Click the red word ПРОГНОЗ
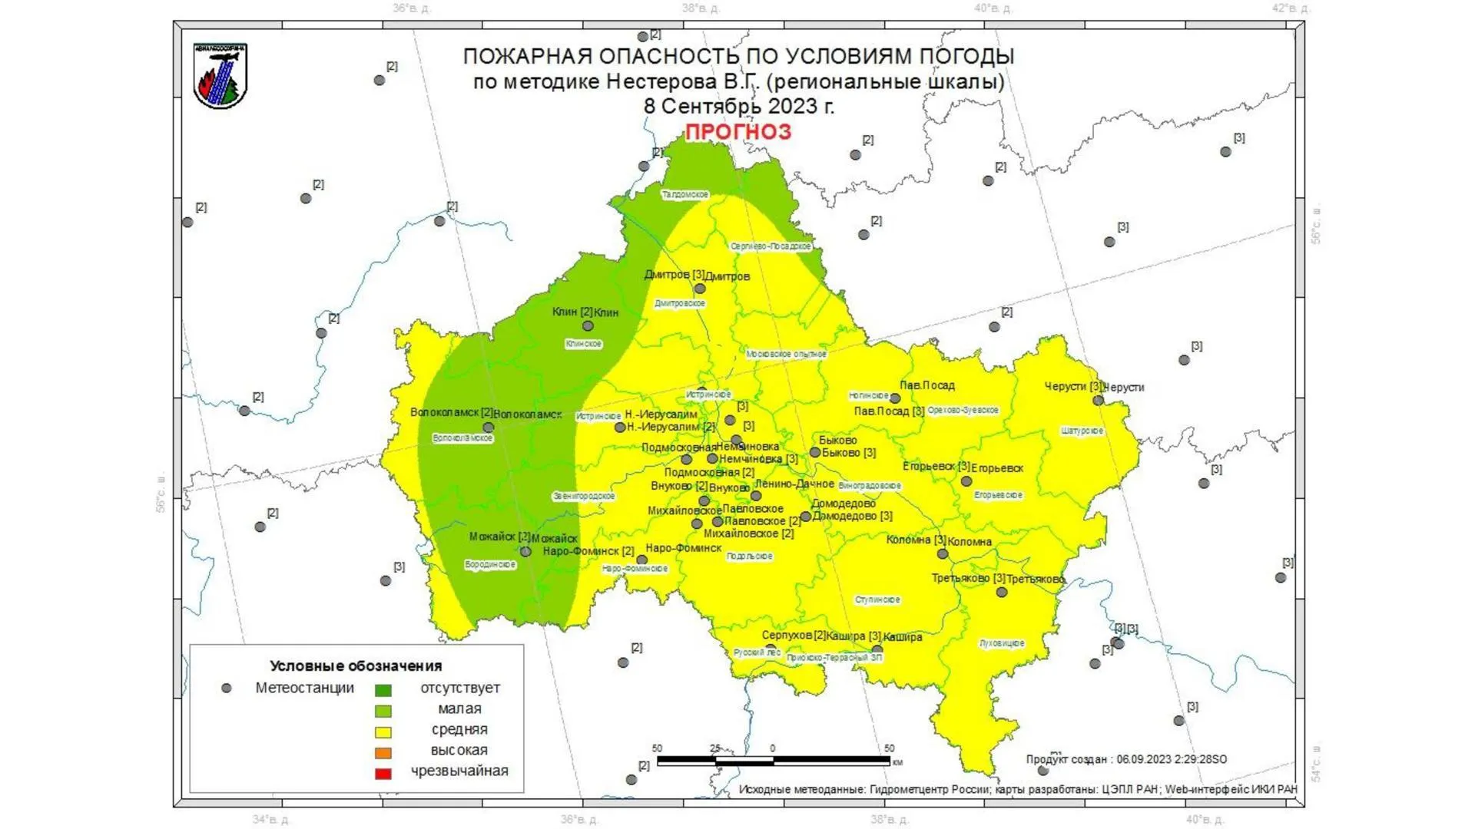coord(737,132)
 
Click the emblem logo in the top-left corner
coord(220,75)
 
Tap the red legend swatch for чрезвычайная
coord(383,773)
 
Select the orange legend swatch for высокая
coord(383,752)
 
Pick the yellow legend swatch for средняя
coord(383,732)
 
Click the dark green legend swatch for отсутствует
coord(383,690)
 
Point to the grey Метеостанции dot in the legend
coord(226,689)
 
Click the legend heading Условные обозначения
coord(356,666)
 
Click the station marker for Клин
coord(588,326)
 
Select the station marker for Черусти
coord(1098,400)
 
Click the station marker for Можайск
coord(525,552)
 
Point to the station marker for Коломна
coord(943,553)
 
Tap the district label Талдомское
coord(685,195)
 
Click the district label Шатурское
coord(1082,431)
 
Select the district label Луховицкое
coord(1002,643)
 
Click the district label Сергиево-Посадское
coord(771,246)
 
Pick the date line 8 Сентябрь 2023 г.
coord(738,106)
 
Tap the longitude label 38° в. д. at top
coord(701,8)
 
